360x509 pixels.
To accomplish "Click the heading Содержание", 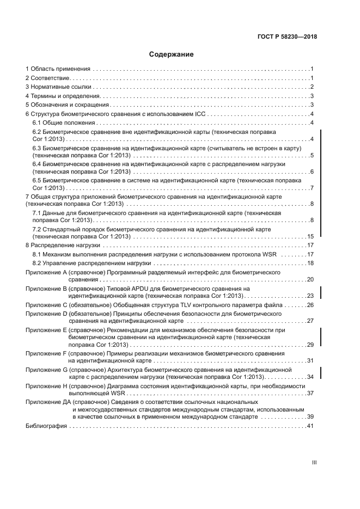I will tap(171, 54).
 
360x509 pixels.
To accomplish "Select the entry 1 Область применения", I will tap(58, 70).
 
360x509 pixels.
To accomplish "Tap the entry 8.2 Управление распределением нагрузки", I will tap(91, 263).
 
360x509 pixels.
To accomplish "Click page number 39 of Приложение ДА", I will tap(310, 416).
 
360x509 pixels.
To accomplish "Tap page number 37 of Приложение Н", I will tap(310, 393).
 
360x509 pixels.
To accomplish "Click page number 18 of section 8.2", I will tap(310, 263).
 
